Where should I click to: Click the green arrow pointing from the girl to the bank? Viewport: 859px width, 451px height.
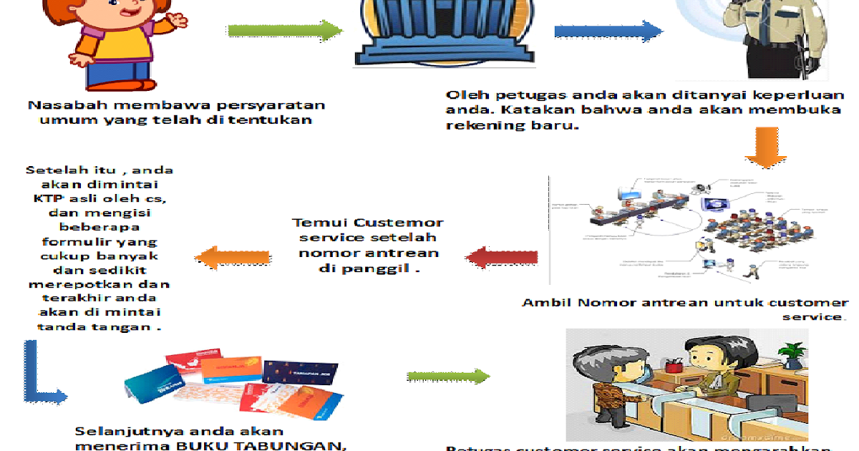(285, 31)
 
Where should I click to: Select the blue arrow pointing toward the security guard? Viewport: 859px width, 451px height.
(608, 31)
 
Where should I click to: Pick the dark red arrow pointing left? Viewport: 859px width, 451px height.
(500, 257)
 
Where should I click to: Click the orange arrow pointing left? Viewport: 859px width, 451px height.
(233, 257)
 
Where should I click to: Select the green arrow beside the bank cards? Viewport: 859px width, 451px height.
(447, 377)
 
